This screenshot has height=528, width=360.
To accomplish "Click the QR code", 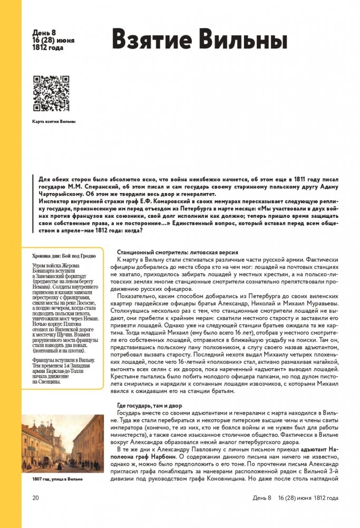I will click(51, 93).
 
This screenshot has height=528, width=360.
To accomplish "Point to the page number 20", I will click(36, 497).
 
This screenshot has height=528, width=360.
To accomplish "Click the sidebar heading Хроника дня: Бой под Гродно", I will click(64, 256).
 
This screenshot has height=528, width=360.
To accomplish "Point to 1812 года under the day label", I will click(48, 47).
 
